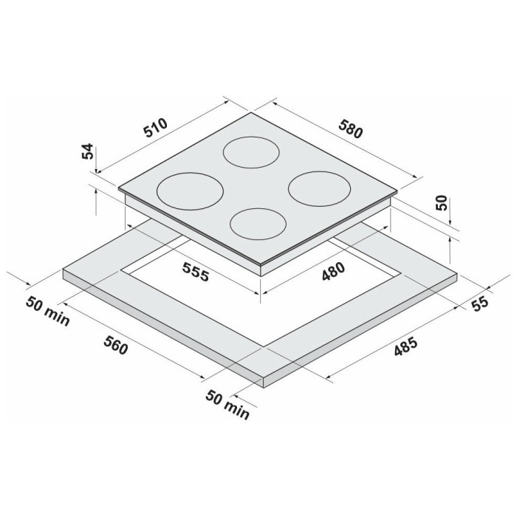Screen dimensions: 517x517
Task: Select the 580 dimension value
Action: pos(351,129)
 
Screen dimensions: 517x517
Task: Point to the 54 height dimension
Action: pos(88,151)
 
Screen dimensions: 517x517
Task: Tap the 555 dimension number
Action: pos(196,272)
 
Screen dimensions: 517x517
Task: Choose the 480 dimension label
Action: pos(333,272)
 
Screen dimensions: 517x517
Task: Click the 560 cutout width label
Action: pos(115,345)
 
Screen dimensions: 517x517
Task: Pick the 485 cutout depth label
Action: pos(406,347)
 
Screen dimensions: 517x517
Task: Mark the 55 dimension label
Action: pos(479,304)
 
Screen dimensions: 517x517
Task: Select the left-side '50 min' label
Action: pos(48,311)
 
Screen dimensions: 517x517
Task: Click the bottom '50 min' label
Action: pos(227,405)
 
